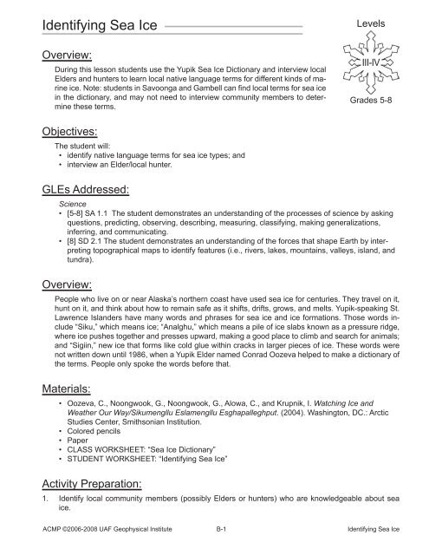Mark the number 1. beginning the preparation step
click(x=32, y=502)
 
